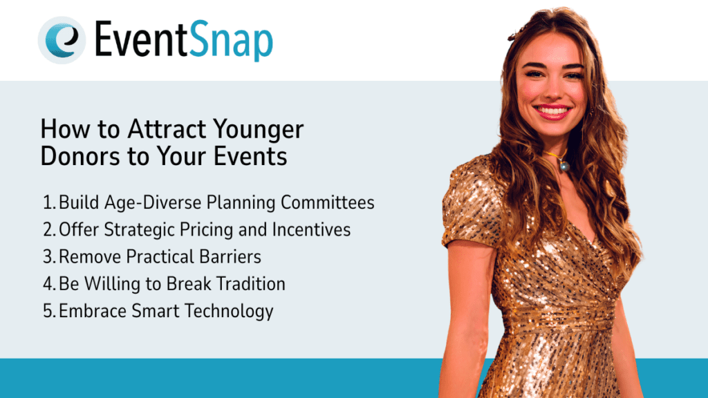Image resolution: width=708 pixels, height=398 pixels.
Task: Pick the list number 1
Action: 48,203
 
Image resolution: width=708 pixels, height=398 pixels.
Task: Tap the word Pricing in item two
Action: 199,229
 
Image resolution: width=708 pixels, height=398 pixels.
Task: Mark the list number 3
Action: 48,257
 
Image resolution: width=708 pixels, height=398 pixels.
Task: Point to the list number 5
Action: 48,311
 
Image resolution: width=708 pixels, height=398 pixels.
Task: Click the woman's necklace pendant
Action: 564,166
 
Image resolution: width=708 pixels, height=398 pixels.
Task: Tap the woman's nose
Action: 550,90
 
